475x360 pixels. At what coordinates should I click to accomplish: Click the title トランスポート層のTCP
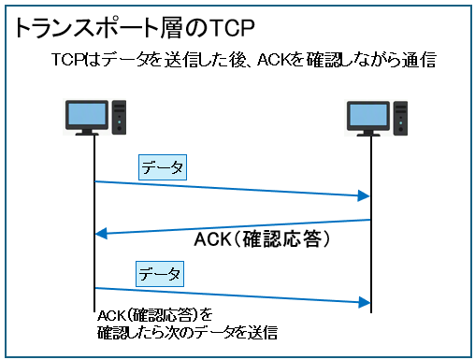pos(135,28)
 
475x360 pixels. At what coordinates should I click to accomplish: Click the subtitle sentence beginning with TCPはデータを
pos(244,60)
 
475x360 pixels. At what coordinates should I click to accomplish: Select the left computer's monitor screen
pos(87,114)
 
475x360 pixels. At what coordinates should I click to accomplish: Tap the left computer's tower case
pos(119,117)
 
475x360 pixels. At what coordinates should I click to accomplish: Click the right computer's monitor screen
pos(368,115)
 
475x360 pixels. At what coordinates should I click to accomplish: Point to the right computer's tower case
pos(400,118)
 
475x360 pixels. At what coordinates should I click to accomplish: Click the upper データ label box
pos(163,167)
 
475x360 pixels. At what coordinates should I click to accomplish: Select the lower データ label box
pos(160,274)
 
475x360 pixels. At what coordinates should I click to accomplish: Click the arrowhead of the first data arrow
pos(364,195)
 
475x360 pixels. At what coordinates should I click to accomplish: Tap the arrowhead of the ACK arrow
pos(101,233)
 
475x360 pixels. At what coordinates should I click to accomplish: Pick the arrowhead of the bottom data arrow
pos(364,302)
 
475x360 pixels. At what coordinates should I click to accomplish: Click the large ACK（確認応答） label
pos(262,239)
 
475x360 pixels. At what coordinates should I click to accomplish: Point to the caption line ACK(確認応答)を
pos(155,316)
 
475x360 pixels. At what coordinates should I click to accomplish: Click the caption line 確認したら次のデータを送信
pos(187,333)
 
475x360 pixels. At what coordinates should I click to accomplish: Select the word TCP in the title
pos(232,28)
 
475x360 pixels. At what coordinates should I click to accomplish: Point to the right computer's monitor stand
pos(368,133)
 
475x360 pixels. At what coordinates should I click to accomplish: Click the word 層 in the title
pos(170,28)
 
